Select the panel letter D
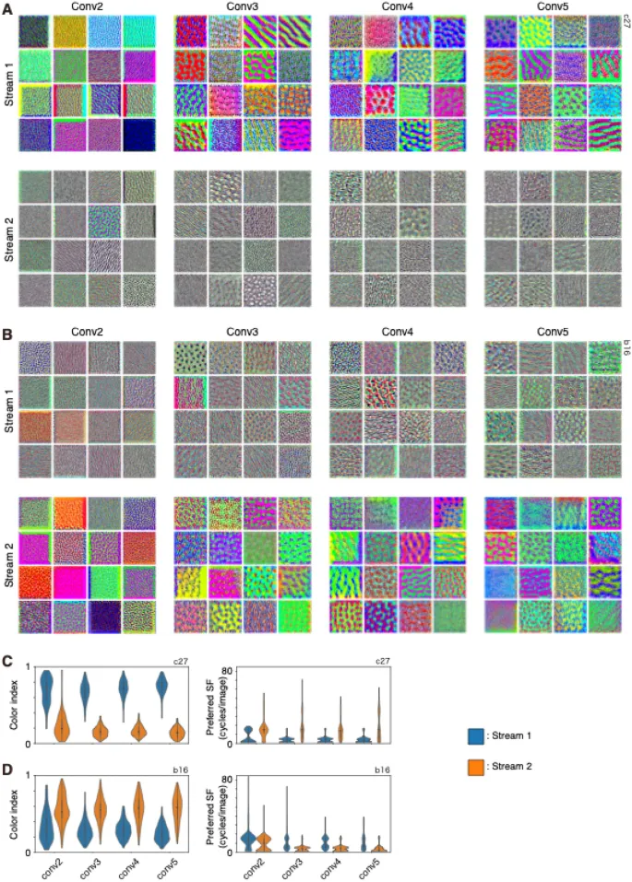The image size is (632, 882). click(6, 767)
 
